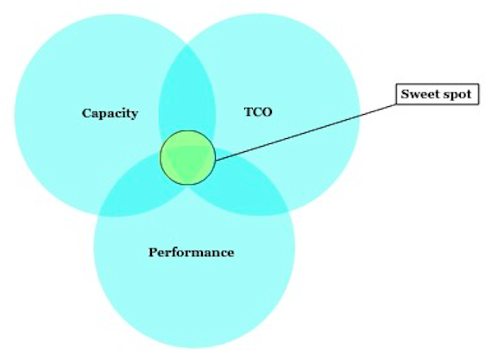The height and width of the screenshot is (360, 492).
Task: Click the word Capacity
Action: point(110,114)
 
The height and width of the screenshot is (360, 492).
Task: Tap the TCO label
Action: point(258,111)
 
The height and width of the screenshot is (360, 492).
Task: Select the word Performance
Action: point(191,252)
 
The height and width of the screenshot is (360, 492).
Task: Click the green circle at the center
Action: point(187,158)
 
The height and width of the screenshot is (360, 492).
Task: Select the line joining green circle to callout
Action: point(306,132)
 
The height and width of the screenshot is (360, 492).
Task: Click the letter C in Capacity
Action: point(86,113)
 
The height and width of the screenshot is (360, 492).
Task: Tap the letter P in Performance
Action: point(153,252)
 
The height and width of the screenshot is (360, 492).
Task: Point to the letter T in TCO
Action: point(249,111)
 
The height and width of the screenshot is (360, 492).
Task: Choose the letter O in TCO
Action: point(268,112)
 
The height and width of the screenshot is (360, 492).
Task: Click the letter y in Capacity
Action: point(134,115)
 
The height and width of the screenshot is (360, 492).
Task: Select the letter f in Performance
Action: point(176,252)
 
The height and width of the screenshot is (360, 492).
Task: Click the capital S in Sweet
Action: point(405,94)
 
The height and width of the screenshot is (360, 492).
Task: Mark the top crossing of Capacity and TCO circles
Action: point(187,45)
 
